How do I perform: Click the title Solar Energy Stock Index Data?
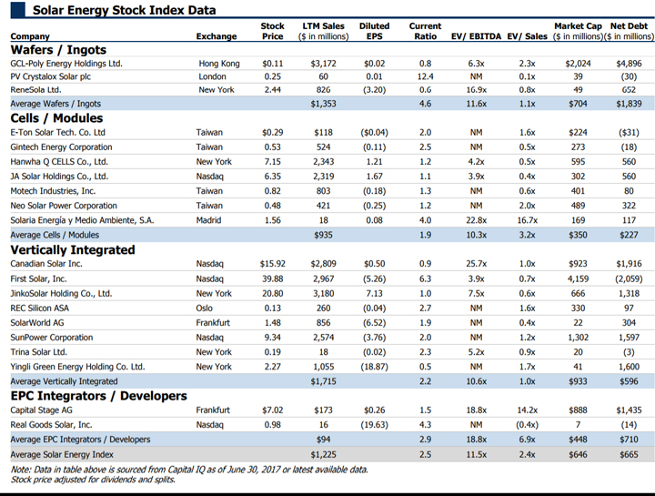tap(124, 10)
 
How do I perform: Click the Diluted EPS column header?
tap(374, 31)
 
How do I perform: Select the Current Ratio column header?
tap(425, 31)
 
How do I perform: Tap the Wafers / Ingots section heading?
tap(58, 50)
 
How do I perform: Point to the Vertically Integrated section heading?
tap(73, 250)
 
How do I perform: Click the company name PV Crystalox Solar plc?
tap(51, 76)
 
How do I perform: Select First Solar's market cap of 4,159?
tap(578, 278)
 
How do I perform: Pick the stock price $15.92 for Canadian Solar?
tap(272, 264)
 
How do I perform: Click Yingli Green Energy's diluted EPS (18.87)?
tap(374, 367)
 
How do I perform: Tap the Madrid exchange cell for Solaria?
tap(208, 220)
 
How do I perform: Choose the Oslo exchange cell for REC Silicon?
tap(205, 309)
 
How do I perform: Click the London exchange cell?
tap(212, 76)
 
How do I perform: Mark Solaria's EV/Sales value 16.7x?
tap(527, 220)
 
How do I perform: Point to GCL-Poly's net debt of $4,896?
tap(629, 64)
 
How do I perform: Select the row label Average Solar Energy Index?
tap(62, 455)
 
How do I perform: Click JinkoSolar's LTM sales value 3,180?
tap(323, 294)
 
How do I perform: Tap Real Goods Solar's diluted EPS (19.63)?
tap(374, 425)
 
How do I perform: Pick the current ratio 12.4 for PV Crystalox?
tap(425, 76)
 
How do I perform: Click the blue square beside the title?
tap(18, 10)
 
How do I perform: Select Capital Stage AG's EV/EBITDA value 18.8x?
tap(476, 410)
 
